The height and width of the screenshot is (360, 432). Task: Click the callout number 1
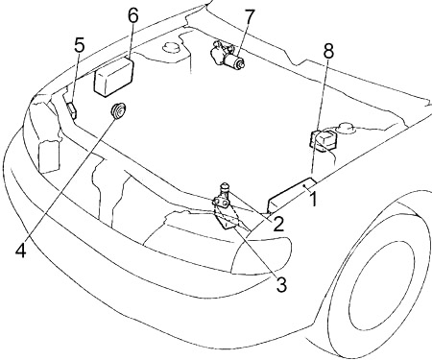tap(314, 199)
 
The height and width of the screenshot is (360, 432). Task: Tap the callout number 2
tap(278, 224)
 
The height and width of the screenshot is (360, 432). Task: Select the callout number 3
tap(281, 285)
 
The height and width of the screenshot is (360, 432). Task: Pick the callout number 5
tap(80, 45)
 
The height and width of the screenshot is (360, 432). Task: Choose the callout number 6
tap(133, 15)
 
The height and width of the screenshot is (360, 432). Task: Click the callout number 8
tap(328, 51)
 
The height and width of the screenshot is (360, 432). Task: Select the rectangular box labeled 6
tap(114, 77)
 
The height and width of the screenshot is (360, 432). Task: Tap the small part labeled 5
tap(72, 110)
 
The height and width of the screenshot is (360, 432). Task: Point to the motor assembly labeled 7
tap(228, 57)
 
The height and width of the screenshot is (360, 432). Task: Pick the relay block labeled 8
tap(323, 140)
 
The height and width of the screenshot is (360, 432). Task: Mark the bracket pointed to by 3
tap(228, 219)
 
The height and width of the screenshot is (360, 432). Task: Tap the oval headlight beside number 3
tap(262, 254)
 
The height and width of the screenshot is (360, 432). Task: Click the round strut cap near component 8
tap(345, 128)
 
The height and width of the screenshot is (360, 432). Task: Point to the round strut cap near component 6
tap(172, 47)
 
